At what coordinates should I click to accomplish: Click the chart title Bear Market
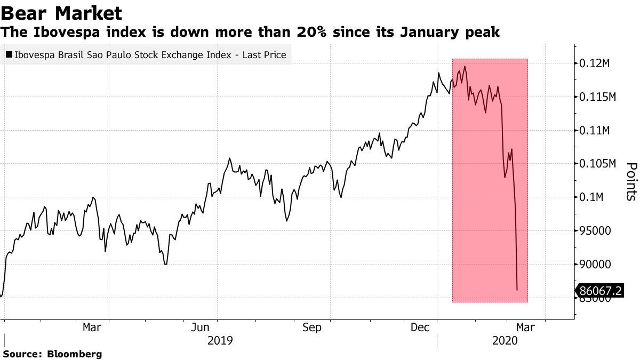(61, 13)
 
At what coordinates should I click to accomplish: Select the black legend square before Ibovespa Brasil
(9, 55)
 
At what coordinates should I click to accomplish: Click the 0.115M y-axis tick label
(598, 97)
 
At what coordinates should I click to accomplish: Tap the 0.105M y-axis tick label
(598, 164)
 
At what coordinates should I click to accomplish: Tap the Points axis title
(630, 181)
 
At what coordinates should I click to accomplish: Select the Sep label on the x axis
(312, 327)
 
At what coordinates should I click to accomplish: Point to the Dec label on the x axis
(421, 327)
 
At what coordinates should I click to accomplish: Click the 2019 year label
(220, 340)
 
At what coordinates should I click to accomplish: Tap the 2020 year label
(506, 340)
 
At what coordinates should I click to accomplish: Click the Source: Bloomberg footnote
(52, 354)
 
